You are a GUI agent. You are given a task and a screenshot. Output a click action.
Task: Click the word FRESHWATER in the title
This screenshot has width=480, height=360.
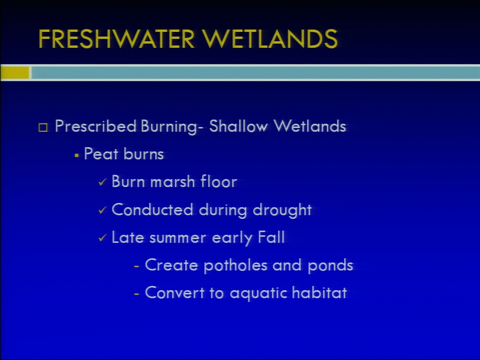click(x=116, y=39)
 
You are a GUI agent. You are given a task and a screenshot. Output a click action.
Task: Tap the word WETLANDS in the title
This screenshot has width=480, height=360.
click(x=270, y=39)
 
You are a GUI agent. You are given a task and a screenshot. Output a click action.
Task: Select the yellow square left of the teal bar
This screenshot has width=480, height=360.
click(x=14, y=73)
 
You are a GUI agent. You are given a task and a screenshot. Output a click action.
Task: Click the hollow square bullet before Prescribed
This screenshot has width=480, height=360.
click(x=43, y=127)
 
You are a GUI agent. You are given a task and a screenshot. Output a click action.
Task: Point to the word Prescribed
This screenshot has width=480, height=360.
click(x=95, y=126)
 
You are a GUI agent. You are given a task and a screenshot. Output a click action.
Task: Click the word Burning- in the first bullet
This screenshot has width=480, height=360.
click(x=171, y=126)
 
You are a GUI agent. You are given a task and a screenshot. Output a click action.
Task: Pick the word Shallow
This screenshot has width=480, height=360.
click(x=238, y=126)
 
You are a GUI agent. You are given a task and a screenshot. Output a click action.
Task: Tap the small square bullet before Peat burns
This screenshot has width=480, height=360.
click(x=76, y=155)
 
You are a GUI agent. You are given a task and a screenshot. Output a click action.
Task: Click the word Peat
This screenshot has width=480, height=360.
click(x=101, y=153)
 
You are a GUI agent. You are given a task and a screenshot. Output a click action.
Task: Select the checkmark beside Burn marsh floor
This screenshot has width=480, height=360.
click(x=102, y=182)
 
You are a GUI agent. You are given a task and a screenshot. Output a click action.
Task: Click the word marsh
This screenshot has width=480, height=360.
click(x=172, y=181)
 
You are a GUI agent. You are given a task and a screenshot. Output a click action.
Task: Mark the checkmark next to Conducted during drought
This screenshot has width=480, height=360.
click(x=102, y=210)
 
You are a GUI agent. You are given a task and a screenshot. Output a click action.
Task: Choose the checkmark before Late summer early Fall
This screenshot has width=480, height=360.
click(x=102, y=238)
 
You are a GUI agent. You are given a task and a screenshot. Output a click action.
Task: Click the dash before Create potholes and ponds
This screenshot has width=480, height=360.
click(x=136, y=266)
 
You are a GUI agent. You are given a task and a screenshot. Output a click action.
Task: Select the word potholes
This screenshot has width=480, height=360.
click(x=235, y=265)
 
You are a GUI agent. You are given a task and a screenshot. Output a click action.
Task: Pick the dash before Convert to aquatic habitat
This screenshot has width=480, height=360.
click(x=136, y=294)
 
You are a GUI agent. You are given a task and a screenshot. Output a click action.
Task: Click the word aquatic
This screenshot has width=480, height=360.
click(x=258, y=293)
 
